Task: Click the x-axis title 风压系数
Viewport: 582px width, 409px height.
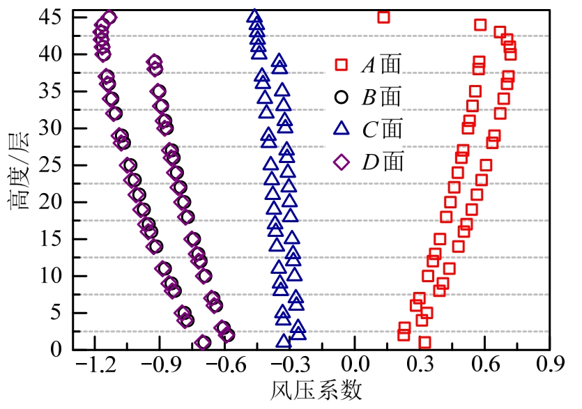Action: (x=316, y=391)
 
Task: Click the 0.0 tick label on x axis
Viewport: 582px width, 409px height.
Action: (x=354, y=364)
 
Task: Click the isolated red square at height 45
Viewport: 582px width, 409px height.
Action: (x=383, y=17)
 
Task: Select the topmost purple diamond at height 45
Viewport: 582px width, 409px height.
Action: (x=109, y=17)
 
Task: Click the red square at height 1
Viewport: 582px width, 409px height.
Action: (x=424, y=342)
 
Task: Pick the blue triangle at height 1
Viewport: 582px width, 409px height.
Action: (x=283, y=341)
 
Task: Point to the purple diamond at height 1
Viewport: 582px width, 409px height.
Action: (x=204, y=342)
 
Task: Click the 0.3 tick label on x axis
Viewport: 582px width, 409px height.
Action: (x=420, y=364)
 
